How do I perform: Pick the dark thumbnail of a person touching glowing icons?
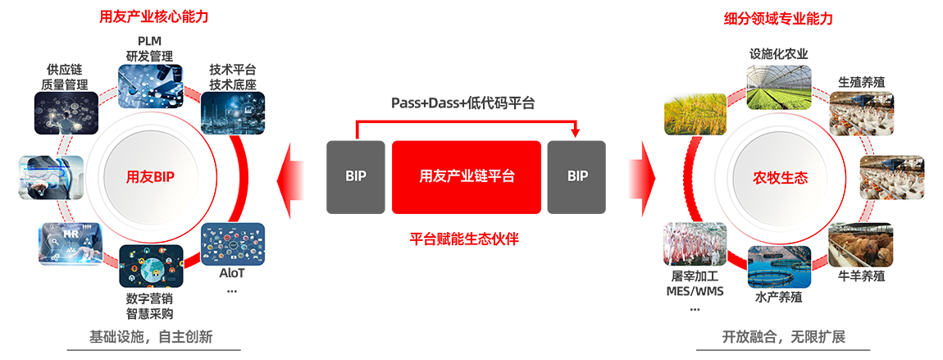coord(67,112)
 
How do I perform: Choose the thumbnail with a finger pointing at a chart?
coord(51,177)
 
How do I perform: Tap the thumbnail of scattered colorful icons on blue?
coord(233,244)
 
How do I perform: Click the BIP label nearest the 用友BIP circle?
coord(355,176)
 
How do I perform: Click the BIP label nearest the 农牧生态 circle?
coord(578,176)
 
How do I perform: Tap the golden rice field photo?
coord(695,114)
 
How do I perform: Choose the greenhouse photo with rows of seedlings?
coord(778,87)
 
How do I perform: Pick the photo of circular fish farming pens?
coord(779,266)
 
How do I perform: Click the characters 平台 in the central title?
coord(501,176)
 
